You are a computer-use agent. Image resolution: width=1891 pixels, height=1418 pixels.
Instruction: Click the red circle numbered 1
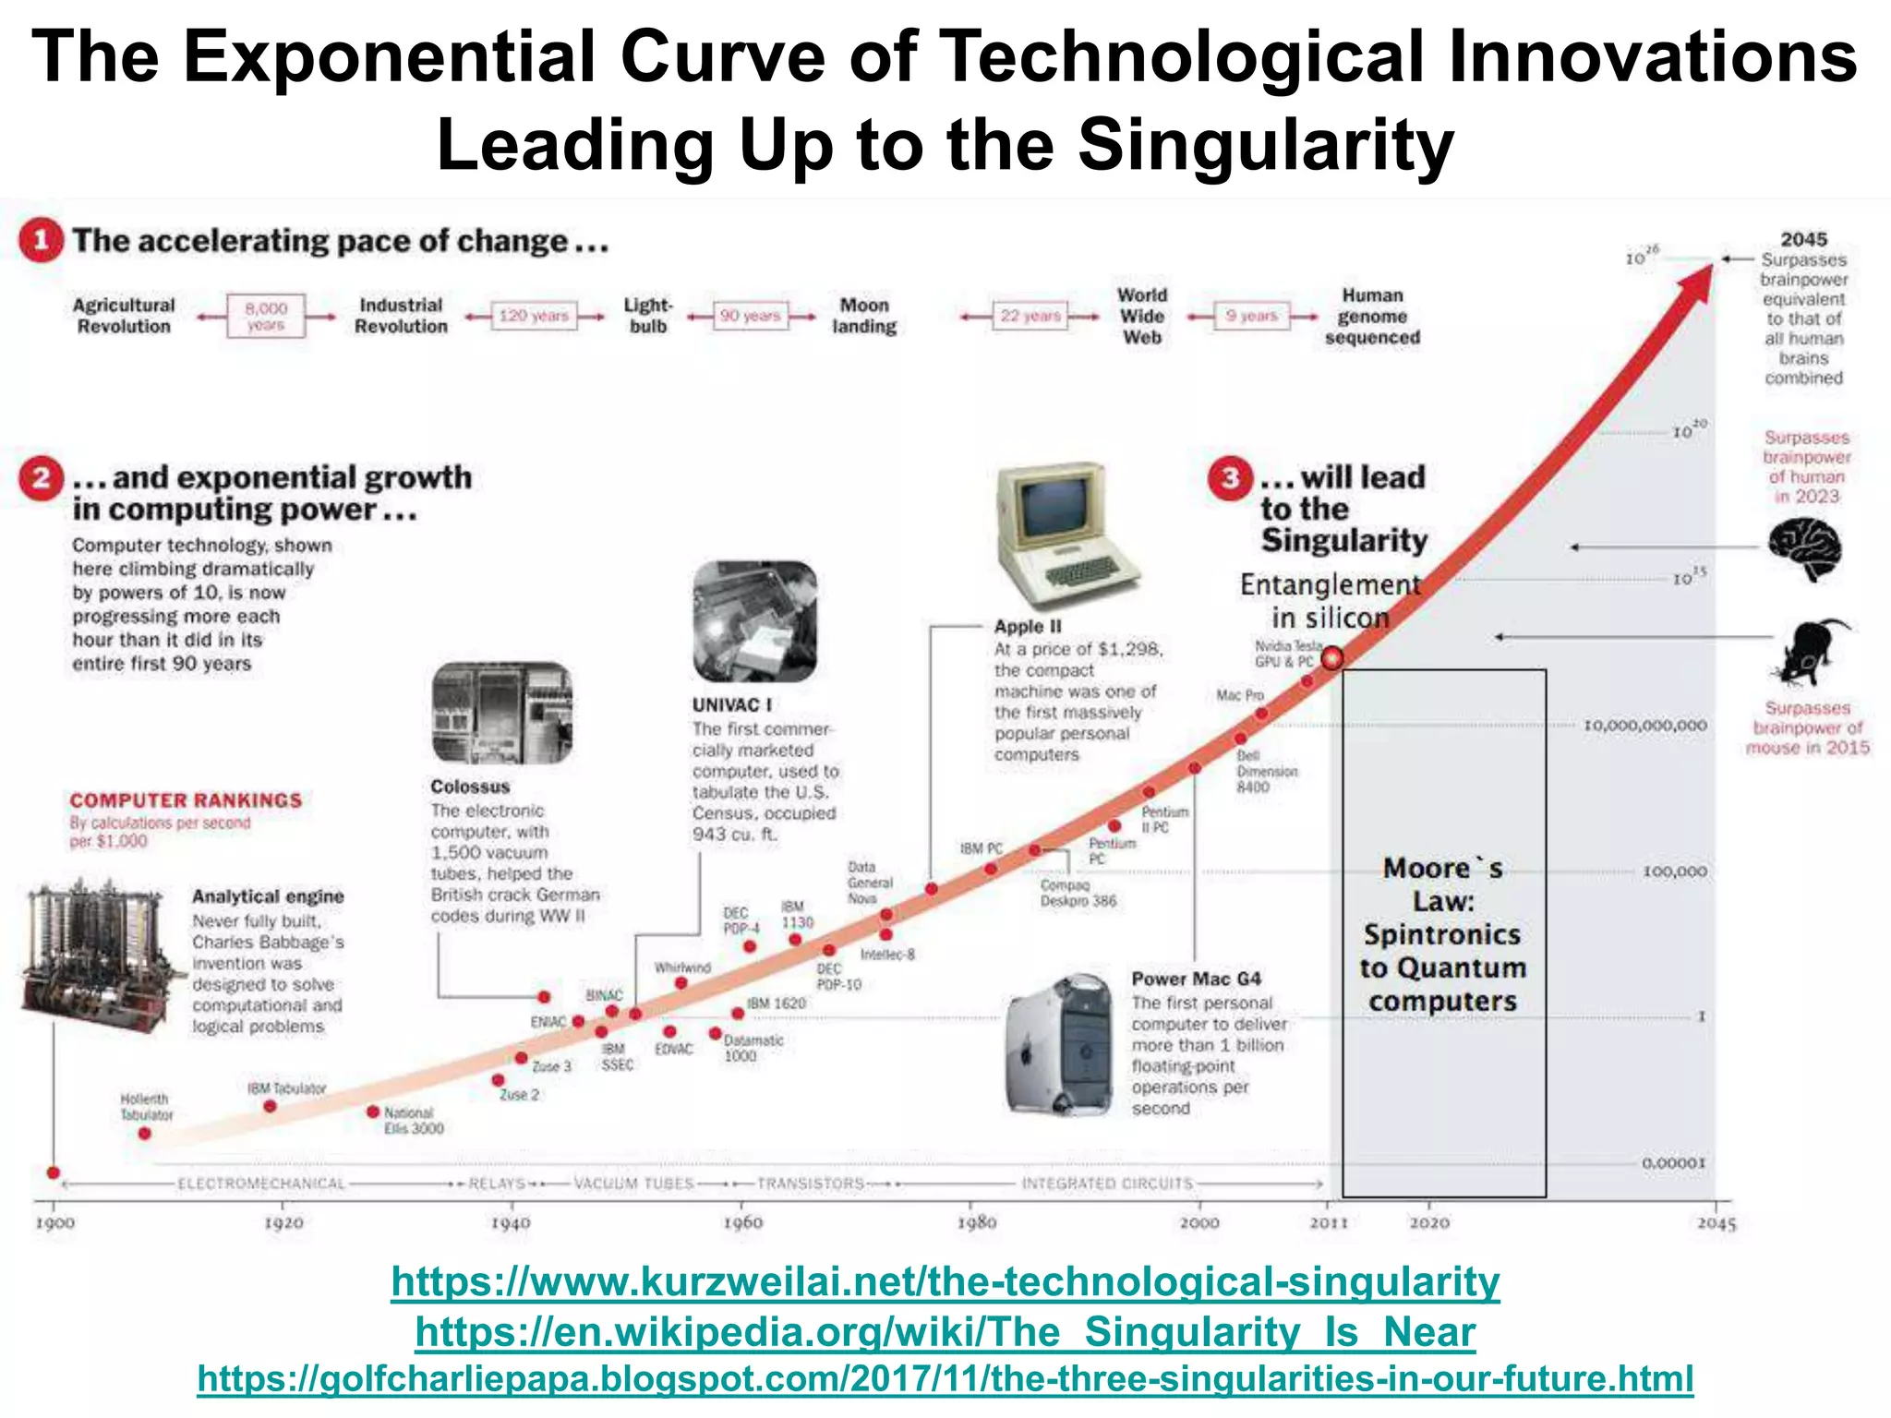(42, 241)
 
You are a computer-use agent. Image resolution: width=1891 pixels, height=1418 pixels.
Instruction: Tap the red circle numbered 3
(1230, 478)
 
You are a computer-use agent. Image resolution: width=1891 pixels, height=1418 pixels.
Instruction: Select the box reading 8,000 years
(266, 316)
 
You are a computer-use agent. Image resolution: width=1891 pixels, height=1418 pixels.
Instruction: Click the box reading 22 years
(1030, 316)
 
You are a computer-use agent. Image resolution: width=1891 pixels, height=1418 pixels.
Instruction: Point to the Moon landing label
(863, 316)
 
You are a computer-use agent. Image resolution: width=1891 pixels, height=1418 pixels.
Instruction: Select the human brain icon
(1805, 548)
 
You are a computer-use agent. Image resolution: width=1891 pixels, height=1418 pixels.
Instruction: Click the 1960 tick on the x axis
(741, 1222)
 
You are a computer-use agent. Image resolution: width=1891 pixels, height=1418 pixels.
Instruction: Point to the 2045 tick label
(1716, 1223)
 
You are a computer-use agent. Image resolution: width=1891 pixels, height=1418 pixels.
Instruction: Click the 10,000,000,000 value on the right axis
(1644, 726)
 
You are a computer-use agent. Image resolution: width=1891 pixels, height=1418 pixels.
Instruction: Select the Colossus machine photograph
(501, 713)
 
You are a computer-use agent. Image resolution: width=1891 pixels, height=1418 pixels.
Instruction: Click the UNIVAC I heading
(731, 705)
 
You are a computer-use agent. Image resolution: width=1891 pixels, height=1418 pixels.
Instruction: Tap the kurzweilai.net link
(945, 1282)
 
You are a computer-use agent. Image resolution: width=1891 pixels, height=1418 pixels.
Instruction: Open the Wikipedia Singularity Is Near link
(945, 1332)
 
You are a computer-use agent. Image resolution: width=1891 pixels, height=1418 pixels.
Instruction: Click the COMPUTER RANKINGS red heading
(186, 800)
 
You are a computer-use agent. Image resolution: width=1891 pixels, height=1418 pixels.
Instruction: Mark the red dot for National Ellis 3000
(373, 1112)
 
